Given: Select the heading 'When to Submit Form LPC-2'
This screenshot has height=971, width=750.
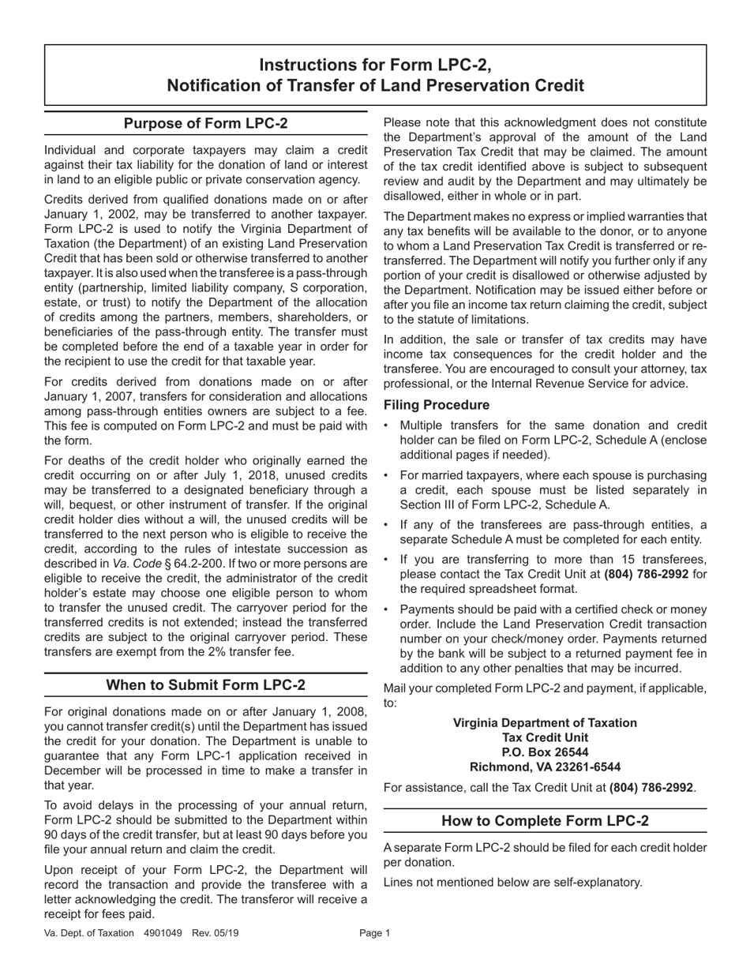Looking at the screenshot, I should tap(206, 685).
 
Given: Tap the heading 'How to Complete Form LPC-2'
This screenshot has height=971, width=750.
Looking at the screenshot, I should tap(545, 821).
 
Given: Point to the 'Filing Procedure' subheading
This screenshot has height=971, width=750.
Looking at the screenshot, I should tap(437, 405).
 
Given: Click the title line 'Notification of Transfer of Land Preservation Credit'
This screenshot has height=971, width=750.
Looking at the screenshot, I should tap(376, 85).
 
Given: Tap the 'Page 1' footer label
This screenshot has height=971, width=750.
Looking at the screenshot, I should tap(375, 933).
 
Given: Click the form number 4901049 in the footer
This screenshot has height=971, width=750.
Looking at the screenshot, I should tap(163, 933).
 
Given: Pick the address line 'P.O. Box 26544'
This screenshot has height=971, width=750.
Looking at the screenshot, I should tap(545, 752).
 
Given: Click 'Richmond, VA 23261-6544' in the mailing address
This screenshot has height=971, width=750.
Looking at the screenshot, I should tap(545, 767).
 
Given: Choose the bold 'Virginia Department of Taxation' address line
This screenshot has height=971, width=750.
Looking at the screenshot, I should tap(545, 722).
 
